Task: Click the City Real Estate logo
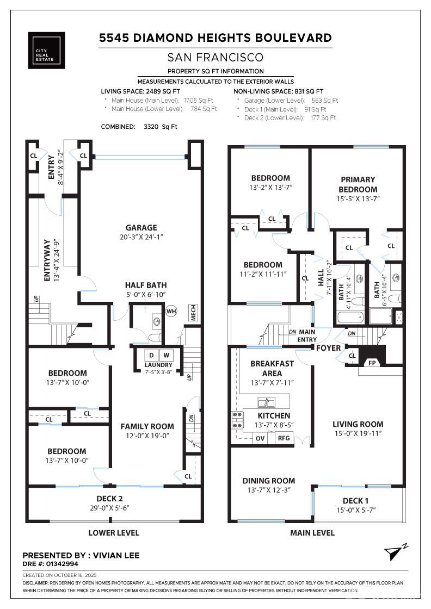46,51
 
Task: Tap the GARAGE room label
141,228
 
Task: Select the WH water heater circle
171,312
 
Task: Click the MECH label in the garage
194,312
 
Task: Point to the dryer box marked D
150,355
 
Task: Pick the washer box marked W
167,355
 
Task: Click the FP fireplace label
372,363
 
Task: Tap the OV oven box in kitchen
260,438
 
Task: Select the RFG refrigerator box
284,438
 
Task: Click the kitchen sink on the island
267,402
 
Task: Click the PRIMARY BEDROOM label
358,184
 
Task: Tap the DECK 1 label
355,501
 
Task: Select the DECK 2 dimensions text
114,508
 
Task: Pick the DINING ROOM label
269,481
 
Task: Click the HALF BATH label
146,285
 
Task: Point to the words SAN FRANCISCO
215,57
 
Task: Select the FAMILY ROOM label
147,426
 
